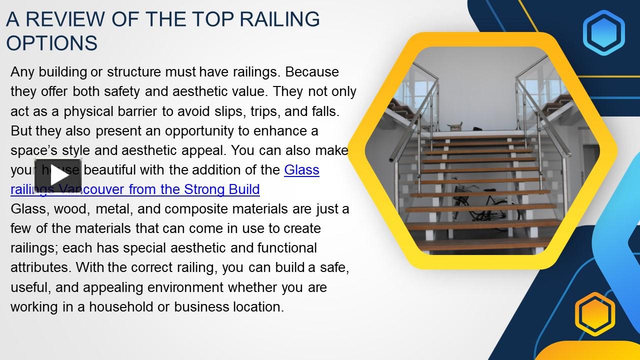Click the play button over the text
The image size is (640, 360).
click(58, 176)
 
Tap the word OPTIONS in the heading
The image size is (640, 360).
click(51, 43)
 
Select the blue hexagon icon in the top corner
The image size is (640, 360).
click(604, 32)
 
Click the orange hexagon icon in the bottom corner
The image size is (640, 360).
click(594, 314)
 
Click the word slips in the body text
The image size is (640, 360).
click(221, 111)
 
